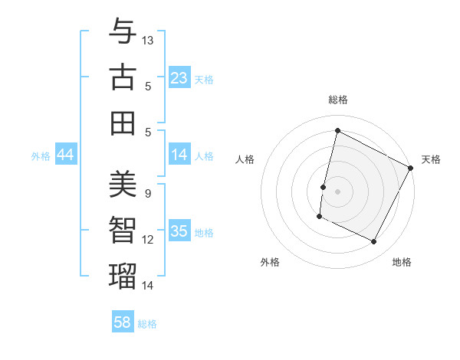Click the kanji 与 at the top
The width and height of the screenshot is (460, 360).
click(123, 32)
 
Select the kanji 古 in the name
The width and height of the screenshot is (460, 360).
click(123, 78)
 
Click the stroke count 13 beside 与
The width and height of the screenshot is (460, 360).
click(149, 40)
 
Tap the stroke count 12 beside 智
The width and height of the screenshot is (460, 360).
click(149, 240)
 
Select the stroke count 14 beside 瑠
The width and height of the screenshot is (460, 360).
click(149, 285)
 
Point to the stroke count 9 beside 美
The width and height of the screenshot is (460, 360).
click(148, 194)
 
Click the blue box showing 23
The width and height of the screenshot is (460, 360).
click(179, 78)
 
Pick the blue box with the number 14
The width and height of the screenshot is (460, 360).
click(179, 155)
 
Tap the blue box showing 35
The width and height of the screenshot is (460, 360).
click(179, 231)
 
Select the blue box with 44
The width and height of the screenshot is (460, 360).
click(66, 155)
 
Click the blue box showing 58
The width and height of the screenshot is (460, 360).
click(123, 322)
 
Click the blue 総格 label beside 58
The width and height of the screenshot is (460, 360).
click(147, 324)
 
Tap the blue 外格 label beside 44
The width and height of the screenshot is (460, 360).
click(41, 156)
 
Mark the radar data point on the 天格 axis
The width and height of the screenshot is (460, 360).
click(411, 169)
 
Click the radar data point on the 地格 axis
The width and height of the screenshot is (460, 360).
click(374, 242)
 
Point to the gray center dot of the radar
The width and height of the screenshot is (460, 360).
click(337, 191)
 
